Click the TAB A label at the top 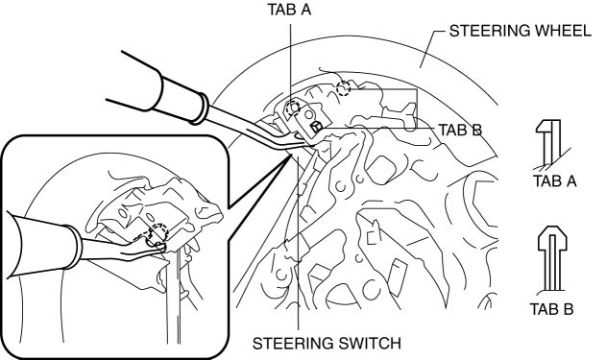[x=289, y=10]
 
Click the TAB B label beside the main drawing [x=460, y=131]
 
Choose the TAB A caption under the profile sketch [x=554, y=180]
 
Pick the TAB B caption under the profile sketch [x=551, y=309]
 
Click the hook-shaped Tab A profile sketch [x=550, y=145]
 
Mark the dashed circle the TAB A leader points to [x=293, y=108]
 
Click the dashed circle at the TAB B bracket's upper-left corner [x=343, y=89]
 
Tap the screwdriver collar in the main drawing [x=204, y=109]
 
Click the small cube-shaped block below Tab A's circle [x=317, y=127]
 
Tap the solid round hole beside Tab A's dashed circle [x=309, y=115]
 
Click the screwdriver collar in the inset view [x=74, y=247]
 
